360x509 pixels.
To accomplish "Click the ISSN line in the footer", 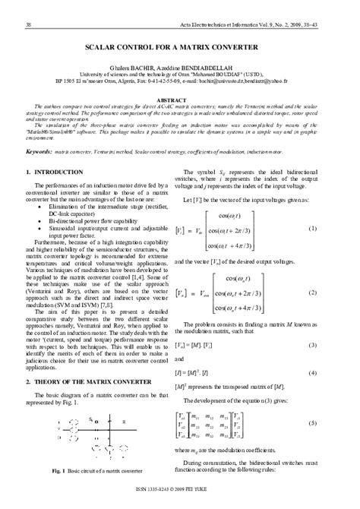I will (180, 501).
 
